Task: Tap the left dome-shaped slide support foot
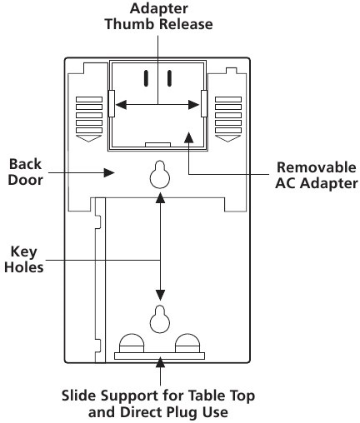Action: tap(131, 341)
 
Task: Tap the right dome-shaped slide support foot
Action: tap(187, 341)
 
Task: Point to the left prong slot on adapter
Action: tap(147, 79)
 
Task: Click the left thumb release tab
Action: tap(111, 104)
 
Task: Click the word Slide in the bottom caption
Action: tap(78, 393)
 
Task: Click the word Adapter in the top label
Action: tap(158, 8)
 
